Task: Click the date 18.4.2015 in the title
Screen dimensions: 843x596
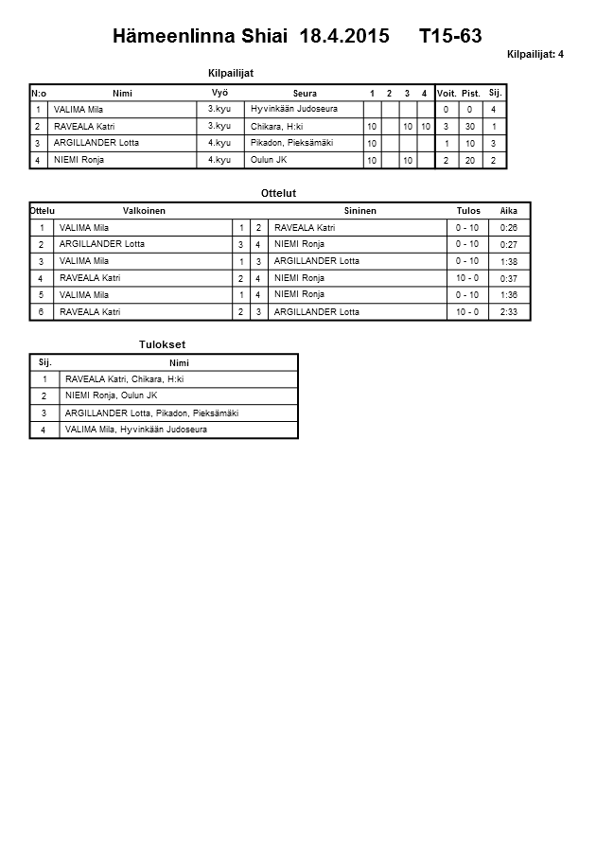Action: [x=343, y=37]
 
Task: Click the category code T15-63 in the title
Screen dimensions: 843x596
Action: [x=449, y=37]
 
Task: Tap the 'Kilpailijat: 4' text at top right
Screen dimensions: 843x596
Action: [x=535, y=54]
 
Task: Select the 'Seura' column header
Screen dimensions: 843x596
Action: [x=305, y=93]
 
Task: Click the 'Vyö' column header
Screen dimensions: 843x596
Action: [x=219, y=92]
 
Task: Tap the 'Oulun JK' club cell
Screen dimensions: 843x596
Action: [x=269, y=160]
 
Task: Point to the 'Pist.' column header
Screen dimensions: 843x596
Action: [x=470, y=93]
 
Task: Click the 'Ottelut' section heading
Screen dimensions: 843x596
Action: [x=278, y=193]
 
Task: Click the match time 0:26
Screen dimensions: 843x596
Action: [x=508, y=228]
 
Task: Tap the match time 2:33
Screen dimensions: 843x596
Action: [x=508, y=311]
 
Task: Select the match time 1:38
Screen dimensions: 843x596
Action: [x=508, y=261]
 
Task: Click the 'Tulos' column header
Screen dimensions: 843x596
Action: [x=467, y=211]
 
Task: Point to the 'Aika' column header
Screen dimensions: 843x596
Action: [x=508, y=211]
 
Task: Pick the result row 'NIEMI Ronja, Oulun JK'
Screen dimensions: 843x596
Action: [x=111, y=395]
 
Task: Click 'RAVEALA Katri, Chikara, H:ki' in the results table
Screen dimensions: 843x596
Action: [x=124, y=379]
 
